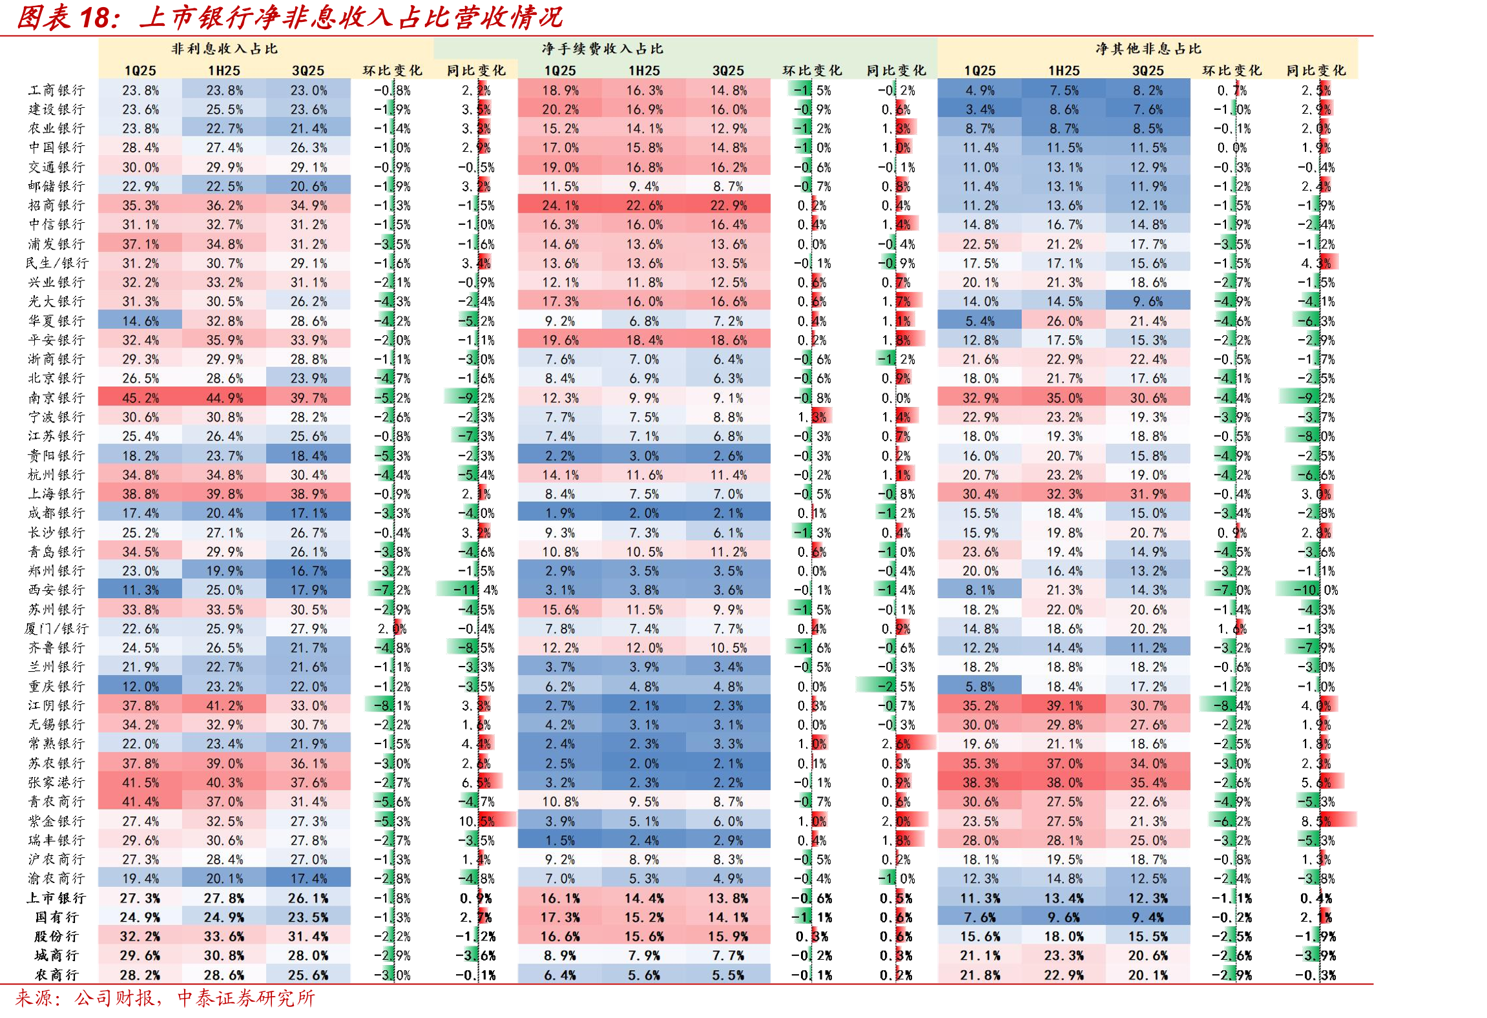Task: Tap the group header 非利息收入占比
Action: point(224,48)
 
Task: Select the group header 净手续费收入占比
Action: point(602,48)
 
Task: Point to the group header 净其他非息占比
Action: point(1148,48)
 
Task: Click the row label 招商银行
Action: point(57,205)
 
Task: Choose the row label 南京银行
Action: point(57,397)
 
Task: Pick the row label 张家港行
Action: point(57,782)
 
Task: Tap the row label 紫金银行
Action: point(57,821)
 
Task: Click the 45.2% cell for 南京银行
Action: point(140,397)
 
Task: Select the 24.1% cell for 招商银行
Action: point(560,205)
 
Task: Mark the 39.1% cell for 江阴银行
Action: point(1064,705)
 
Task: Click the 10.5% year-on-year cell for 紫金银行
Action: point(477,821)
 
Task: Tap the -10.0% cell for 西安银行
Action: point(1315,590)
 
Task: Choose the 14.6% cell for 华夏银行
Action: point(140,320)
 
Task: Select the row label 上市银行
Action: point(57,898)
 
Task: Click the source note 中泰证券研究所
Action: point(246,998)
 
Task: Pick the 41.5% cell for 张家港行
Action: point(140,782)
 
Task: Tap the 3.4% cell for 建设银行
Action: point(980,109)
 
